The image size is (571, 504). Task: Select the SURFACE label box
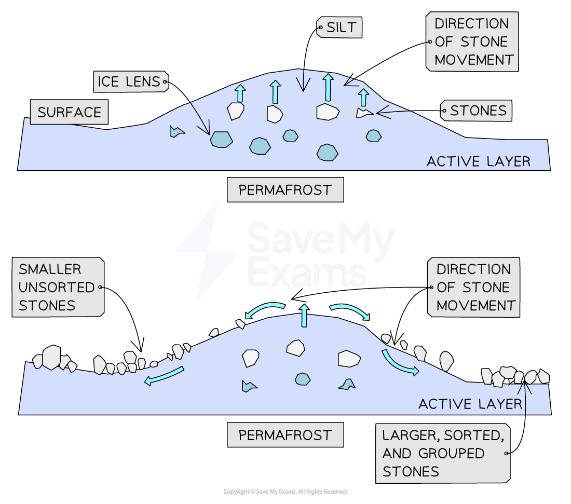tap(69, 112)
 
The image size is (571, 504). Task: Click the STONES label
tap(478, 111)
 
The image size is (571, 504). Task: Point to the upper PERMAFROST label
tap(285, 190)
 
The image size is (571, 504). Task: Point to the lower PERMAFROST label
tap(285, 435)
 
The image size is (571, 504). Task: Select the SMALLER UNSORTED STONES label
tap(57, 287)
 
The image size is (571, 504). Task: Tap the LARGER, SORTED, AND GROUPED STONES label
tap(442, 453)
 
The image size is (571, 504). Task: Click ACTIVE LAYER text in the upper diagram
tap(478, 161)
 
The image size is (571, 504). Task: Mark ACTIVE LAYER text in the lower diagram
tap(470, 404)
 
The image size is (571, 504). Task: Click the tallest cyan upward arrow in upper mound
tap(328, 87)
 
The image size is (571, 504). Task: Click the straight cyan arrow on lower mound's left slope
tap(164, 375)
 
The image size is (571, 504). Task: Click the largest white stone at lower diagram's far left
tap(51, 357)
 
